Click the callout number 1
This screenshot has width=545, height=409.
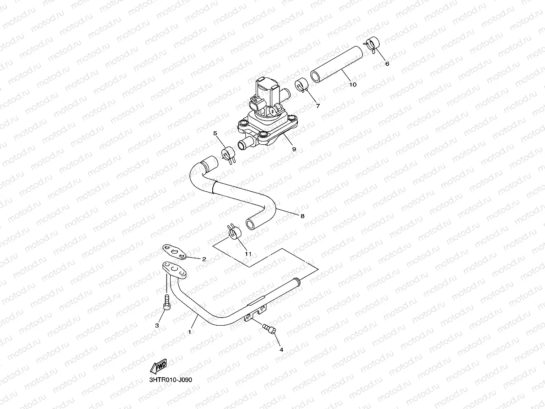[189, 332]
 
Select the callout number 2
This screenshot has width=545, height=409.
[204, 259]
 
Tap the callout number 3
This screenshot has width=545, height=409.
[157, 326]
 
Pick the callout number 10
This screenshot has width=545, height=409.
[352, 85]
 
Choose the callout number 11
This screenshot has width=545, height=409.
[248, 254]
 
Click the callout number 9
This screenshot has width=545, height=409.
[294, 149]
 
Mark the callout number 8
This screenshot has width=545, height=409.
[302, 216]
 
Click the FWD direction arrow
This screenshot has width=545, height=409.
[160, 367]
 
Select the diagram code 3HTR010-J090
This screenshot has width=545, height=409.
[173, 379]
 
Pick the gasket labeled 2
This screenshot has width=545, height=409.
[174, 252]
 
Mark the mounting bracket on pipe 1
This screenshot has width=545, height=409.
[256, 312]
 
